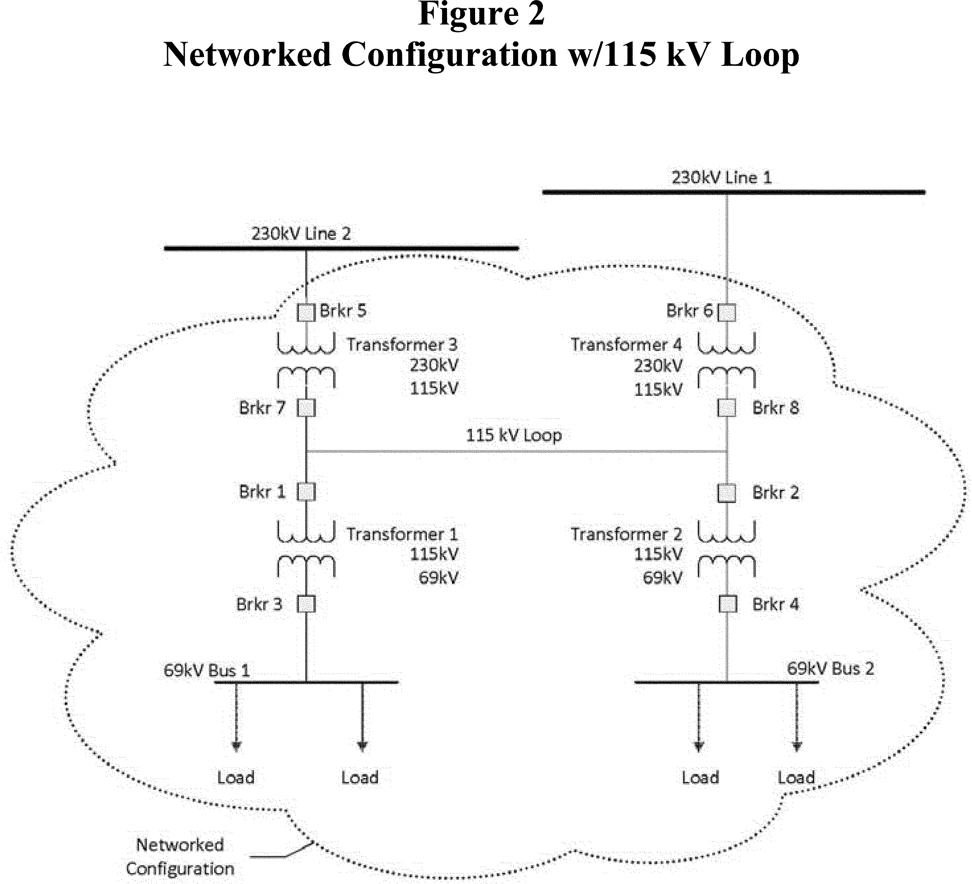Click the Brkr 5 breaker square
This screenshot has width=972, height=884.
(x=306, y=312)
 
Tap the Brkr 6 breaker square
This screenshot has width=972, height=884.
(x=727, y=312)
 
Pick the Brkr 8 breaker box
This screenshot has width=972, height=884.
(x=727, y=408)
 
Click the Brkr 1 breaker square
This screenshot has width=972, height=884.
(x=306, y=492)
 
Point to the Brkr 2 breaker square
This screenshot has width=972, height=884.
(x=727, y=493)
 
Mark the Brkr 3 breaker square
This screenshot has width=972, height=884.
(x=306, y=604)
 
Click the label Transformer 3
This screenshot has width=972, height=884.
(x=402, y=344)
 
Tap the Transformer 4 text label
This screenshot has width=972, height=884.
(x=626, y=344)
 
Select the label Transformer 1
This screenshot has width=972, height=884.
(x=402, y=534)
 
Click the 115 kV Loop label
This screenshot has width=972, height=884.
(x=513, y=435)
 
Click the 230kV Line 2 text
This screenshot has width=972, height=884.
(x=301, y=233)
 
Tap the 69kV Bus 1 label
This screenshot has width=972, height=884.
(x=207, y=670)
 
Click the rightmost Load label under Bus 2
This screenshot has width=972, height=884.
(x=796, y=777)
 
